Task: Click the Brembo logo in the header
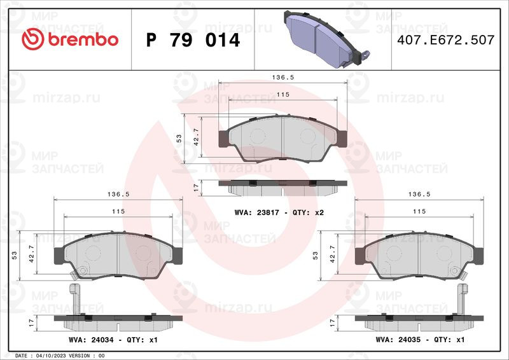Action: (70, 39)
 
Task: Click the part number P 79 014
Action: (193, 40)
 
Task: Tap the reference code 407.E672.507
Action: (446, 40)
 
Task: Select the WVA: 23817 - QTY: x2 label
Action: (279, 212)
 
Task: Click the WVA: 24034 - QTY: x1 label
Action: (113, 340)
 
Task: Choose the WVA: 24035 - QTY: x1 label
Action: (420, 340)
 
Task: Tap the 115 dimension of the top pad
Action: (282, 95)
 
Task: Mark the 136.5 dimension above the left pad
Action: (118, 194)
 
